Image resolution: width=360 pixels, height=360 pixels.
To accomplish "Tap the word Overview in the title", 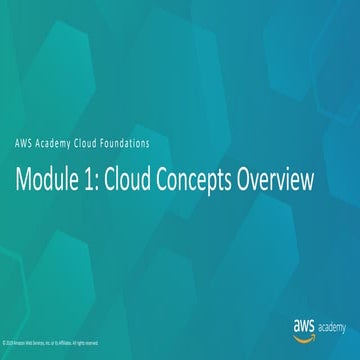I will coord(295,180).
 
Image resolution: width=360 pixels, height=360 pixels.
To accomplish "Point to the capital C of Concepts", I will coord(175,180).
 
